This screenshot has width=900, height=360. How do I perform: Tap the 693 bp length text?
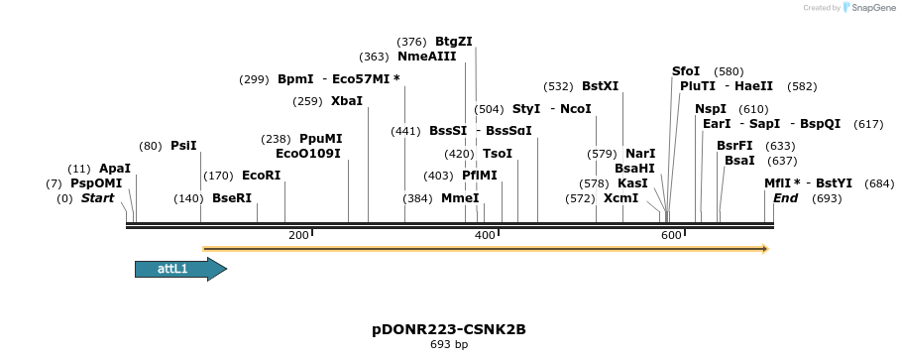point(449,344)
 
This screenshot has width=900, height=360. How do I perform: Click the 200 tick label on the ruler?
point(297,235)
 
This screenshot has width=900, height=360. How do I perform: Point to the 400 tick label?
point(485,235)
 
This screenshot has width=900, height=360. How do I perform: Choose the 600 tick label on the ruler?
point(671,235)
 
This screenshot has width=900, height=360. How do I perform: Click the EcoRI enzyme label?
point(261,176)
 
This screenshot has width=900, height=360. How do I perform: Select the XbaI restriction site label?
point(347,101)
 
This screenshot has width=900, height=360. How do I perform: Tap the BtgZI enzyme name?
point(454,42)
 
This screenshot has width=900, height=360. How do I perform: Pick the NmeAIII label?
point(426,57)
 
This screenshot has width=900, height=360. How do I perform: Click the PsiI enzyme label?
point(183,146)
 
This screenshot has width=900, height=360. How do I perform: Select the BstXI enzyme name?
point(600,86)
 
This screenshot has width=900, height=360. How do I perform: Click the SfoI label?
point(686,71)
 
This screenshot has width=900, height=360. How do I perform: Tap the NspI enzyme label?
point(711,109)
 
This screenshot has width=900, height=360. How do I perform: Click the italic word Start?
point(97,198)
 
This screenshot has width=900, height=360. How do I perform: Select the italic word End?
point(785,198)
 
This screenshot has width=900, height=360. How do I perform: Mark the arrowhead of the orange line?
point(764,249)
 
